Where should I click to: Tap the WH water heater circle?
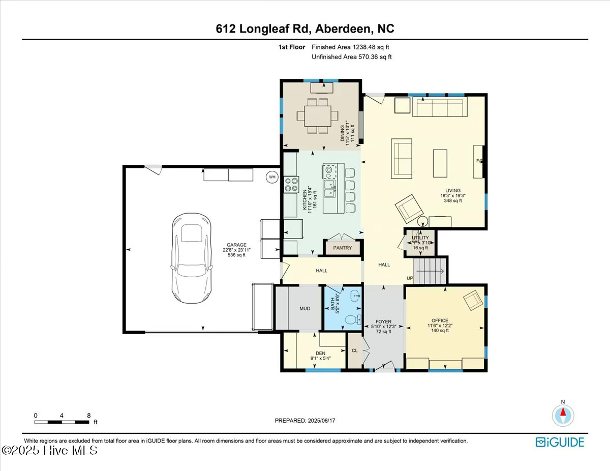272,177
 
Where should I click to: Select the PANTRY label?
343,248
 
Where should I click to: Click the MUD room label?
304,308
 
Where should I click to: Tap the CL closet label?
355,350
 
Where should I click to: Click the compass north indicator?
563,415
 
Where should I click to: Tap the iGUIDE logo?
560,441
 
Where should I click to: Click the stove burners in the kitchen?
291,184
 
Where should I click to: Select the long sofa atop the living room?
441,107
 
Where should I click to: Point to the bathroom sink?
354,294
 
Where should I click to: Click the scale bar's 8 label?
89,415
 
